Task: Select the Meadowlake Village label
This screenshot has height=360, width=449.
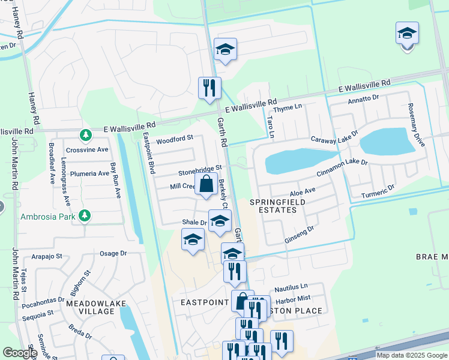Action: pos(96,307)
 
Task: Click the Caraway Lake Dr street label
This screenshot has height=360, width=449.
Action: pos(334,139)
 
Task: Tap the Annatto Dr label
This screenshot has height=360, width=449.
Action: pos(364,99)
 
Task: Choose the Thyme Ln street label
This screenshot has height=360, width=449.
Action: pos(286,107)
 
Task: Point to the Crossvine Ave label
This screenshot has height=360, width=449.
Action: pos(87,149)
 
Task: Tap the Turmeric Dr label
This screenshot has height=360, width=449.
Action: pos(378,191)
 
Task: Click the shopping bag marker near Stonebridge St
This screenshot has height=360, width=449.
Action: pos(206,185)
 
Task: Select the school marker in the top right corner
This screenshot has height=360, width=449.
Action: pos(407,34)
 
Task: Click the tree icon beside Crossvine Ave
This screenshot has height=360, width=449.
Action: pos(86,134)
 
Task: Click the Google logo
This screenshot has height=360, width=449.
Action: pos(19,353)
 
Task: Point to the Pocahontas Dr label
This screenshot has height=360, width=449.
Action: pos(43,299)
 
